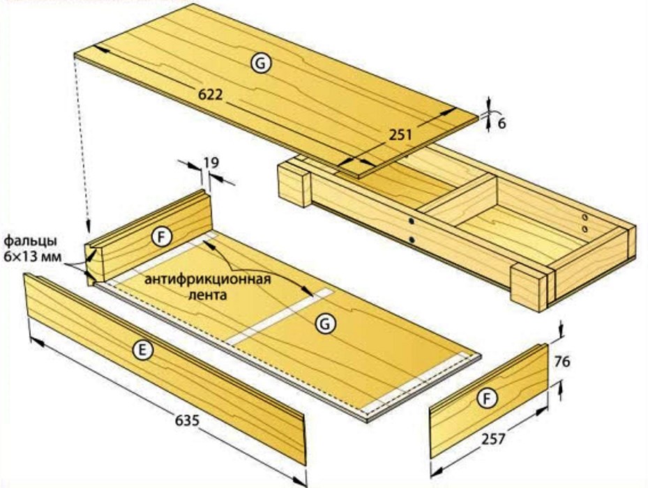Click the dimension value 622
coord(211,95)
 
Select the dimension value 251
coord(400,135)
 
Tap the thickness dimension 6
coord(502,123)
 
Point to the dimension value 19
coord(211,162)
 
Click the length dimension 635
coord(187,420)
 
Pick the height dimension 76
coord(562,362)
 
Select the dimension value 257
coord(493,439)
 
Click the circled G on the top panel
coord(261,63)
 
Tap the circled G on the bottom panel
coord(325,324)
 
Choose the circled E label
coord(142,351)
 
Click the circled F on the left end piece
coord(162,237)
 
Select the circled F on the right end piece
coord(488,399)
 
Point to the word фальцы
coord(31,241)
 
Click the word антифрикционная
coord(207,280)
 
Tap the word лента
coord(207,295)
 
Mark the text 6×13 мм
coord(33,257)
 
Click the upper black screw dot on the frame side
coord(412,222)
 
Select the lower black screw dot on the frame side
coord(412,239)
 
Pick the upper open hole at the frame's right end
coord(585,217)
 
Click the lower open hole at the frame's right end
coord(585,229)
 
